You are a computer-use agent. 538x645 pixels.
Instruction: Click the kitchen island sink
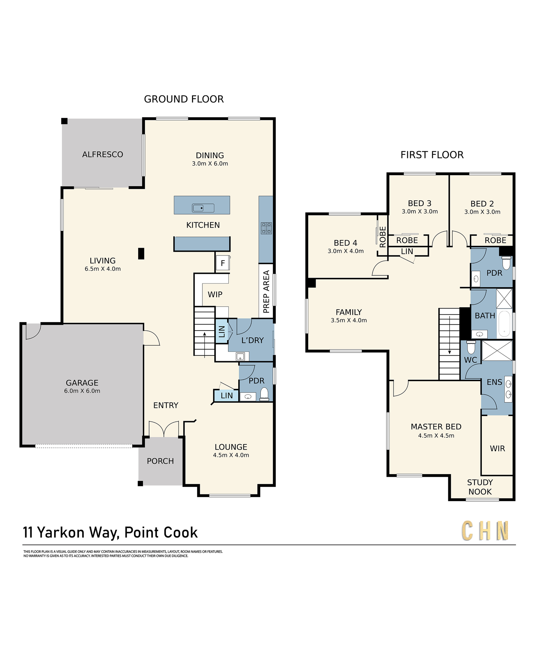pyautogui.click(x=203, y=208)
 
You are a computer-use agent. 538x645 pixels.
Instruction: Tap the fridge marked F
pyautogui.click(x=223, y=263)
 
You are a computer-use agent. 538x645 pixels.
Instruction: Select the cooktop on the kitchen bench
pyautogui.click(x=266, y=228)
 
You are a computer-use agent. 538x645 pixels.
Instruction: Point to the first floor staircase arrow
pyautogui.click(x=449, y=336)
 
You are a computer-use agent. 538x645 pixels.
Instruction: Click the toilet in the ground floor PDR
pyautogui.click(x=264, y=394)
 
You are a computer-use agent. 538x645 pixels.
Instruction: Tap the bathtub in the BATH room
pyautogui.click(x=504, y=324)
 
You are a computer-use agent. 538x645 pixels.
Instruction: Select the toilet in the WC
pyautogui.click(x=471, y=347)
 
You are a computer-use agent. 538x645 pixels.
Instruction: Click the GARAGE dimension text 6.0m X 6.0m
pyautogui.click(x=82, y=391)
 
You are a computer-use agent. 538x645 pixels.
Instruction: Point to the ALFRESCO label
pyautogui.click(x=103, y=154)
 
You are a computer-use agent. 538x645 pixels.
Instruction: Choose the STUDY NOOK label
pyautogui.click(x=480, y=487)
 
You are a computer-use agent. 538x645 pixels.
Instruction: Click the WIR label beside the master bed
pyautogui.click(x=497, y=449)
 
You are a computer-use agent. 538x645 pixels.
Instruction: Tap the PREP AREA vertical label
pyautogui.click(x=266, y=292)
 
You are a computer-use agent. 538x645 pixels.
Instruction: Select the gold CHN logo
pyautogui.click(x=485, y=531)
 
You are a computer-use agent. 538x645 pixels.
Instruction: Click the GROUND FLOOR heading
pyautogui.click(x=184, y=99)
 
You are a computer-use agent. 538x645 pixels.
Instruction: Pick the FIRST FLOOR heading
pyautogui.click(x=432, y=155)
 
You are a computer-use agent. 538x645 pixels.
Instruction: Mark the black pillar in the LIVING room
pyautogui.click(x=141, y=253)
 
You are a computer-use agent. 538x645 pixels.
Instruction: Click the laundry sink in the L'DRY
pyautogui.click(x=240, y=356)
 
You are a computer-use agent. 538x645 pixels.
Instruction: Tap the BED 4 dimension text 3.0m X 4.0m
pyautogui.click(x=346, y=251)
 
